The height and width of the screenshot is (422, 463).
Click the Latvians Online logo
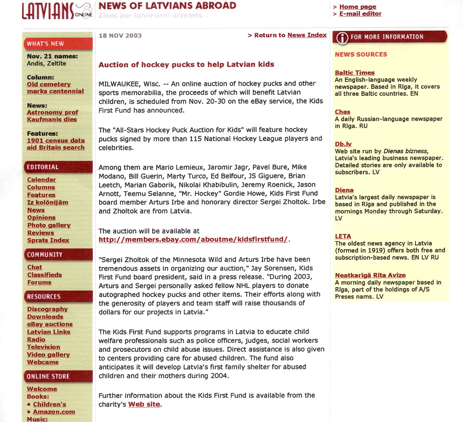tap(56, 11)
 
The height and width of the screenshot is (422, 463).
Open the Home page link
tap(357, 7)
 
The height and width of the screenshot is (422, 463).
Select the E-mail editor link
tap(360, 14)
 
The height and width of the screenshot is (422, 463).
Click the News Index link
tap(307, 35)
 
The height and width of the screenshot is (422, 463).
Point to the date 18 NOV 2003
tap(120, 36)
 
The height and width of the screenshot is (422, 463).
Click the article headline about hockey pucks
tap(186, 65)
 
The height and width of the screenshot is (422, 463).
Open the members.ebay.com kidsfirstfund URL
tap(193, 240)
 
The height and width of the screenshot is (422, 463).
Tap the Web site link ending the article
tap(144, 404)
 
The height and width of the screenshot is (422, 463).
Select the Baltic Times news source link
tap(354, 73)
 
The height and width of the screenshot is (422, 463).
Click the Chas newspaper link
tap(342, 112)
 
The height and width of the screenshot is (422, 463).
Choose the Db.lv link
tap(343, 144)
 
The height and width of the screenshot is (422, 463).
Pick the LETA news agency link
tap(343, 236)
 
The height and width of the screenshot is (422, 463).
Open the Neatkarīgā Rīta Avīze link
tap(370, 275)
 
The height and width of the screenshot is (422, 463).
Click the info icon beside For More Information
tap(342, 38)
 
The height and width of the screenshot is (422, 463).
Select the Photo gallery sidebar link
tap(49, 225)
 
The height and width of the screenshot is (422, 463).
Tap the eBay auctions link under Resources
tap(49, 324)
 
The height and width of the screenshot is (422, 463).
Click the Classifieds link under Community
tap(44, 275)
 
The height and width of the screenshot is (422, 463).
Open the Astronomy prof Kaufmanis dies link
tap(52, 116)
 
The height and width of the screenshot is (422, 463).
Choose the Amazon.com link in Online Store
tap(54, 412)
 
